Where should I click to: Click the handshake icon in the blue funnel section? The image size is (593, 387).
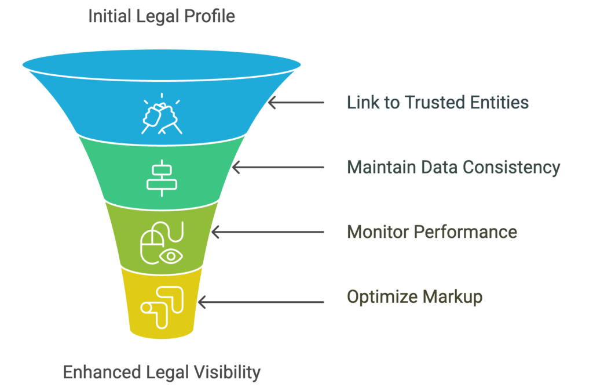[162, 114]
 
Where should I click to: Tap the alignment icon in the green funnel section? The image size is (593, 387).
[162, 178]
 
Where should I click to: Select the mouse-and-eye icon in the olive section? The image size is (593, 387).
[162, 243]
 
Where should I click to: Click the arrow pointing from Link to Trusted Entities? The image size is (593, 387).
[296, 102]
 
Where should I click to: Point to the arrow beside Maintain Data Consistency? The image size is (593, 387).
[278, 167]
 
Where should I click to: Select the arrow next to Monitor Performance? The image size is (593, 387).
[268, 232]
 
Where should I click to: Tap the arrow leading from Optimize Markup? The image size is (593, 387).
[261, 302]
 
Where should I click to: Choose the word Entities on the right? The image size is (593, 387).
[499, 102]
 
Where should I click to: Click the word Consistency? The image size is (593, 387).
[511, 168]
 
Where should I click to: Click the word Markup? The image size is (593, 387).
[453, 297]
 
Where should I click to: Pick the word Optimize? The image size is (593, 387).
[382, 297]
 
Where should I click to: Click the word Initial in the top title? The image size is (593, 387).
[109, 16]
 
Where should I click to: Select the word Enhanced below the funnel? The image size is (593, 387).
[102, 372]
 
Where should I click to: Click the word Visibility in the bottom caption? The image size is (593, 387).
[228, 373]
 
